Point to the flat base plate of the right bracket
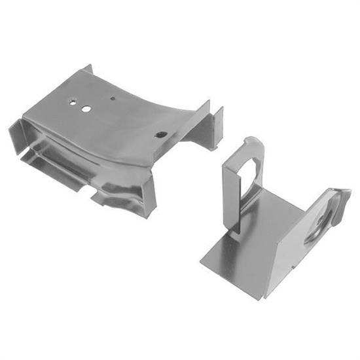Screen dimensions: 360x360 pyautogui.click(x=262, y=242)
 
